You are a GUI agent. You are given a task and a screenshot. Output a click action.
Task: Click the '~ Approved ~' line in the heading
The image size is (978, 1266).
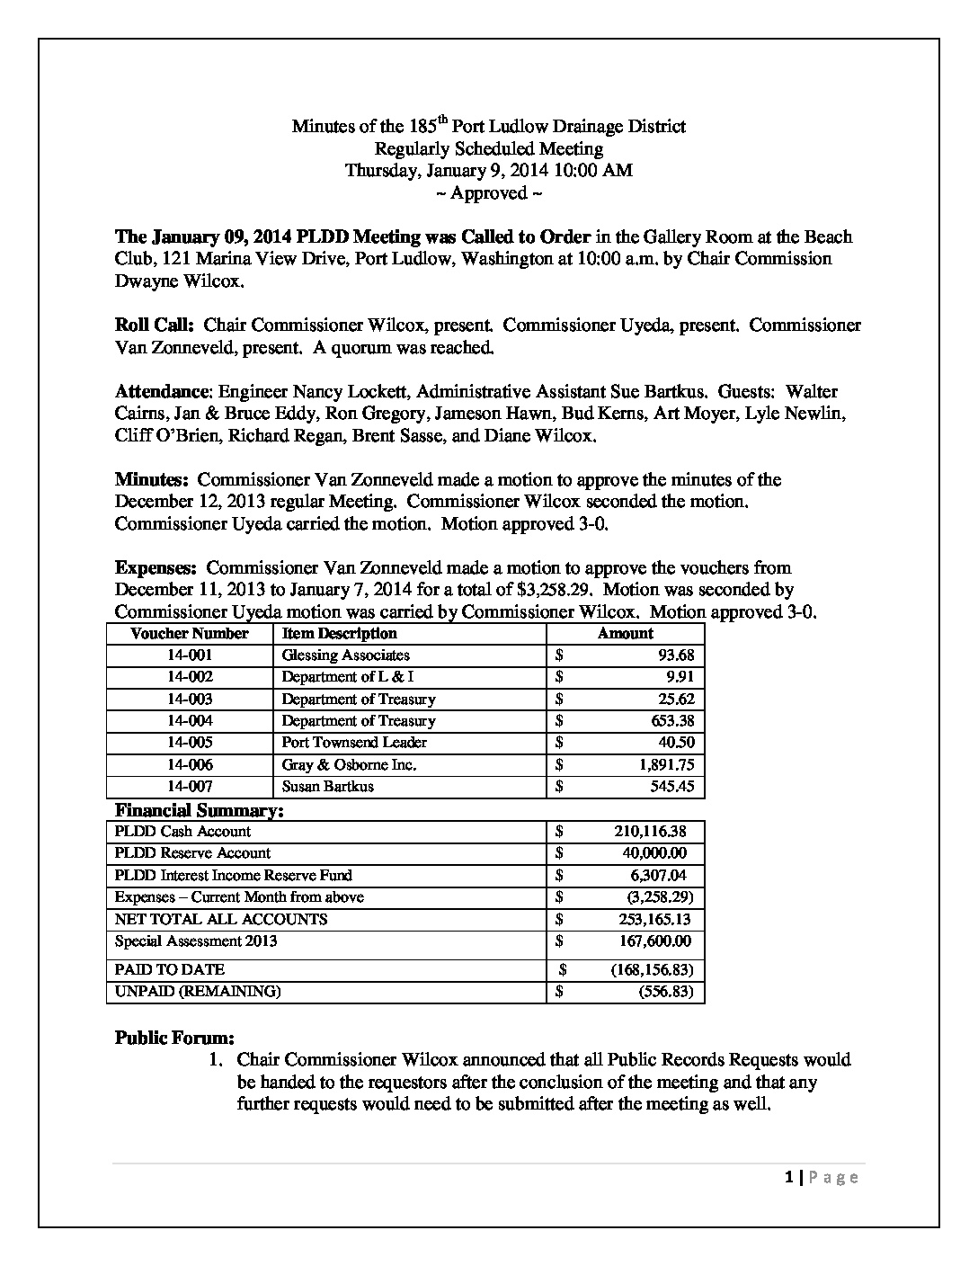488,193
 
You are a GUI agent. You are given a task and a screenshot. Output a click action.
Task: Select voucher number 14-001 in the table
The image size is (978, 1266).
190,655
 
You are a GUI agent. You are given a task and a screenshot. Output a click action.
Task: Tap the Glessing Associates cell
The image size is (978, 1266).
346,655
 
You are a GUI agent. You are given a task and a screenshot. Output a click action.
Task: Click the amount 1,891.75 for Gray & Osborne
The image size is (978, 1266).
666,765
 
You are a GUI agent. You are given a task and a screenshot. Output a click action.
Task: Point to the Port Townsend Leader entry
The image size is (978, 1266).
354,743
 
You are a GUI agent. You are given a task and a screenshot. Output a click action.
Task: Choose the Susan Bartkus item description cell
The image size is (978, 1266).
327,787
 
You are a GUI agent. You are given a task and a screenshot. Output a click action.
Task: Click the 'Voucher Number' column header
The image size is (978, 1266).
190,633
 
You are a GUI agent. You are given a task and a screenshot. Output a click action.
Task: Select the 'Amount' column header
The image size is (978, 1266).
625,633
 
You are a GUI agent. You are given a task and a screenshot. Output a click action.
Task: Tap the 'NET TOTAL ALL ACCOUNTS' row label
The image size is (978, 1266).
221,919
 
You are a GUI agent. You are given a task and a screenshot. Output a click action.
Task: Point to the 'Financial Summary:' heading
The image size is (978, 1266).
200,810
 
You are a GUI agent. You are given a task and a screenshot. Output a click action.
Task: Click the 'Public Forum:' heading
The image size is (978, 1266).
174,1038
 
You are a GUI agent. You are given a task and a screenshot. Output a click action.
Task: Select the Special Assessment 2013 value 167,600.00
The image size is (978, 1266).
651,941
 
